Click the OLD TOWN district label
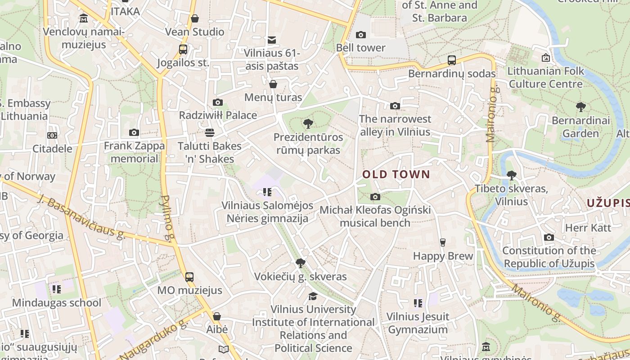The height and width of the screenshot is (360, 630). click(396, 175)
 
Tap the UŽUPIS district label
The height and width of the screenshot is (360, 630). click(607, 203)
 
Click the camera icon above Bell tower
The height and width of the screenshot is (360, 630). click(360, 35)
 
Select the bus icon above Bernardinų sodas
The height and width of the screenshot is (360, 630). click(451, 60)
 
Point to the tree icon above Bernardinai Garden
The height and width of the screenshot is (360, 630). click(580, 107)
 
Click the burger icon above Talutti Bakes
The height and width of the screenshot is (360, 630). click(209, 132)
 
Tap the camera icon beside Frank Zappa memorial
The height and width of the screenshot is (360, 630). click(134, 132)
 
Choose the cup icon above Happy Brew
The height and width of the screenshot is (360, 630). click(442, 242)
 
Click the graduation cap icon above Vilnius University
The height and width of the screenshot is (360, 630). click(312, 296)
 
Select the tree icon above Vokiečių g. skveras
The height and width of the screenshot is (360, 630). click(300, 263)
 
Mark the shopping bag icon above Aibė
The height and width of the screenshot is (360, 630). click(216, 316)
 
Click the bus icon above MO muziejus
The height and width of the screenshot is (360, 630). click(189, 277)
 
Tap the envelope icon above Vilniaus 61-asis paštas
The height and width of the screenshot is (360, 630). click(271, 40)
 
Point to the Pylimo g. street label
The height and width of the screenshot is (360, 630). click(166, 218)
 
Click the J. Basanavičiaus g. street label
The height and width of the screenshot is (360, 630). click(81, 217)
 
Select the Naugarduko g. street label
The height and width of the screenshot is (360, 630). click(153, 340)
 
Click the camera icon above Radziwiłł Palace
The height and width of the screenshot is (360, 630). click(218, 102)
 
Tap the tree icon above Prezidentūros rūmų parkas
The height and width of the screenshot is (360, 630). click(308, 124)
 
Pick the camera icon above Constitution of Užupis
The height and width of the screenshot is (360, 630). click(549, 237)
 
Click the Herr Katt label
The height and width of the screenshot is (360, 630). click(588, 228)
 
